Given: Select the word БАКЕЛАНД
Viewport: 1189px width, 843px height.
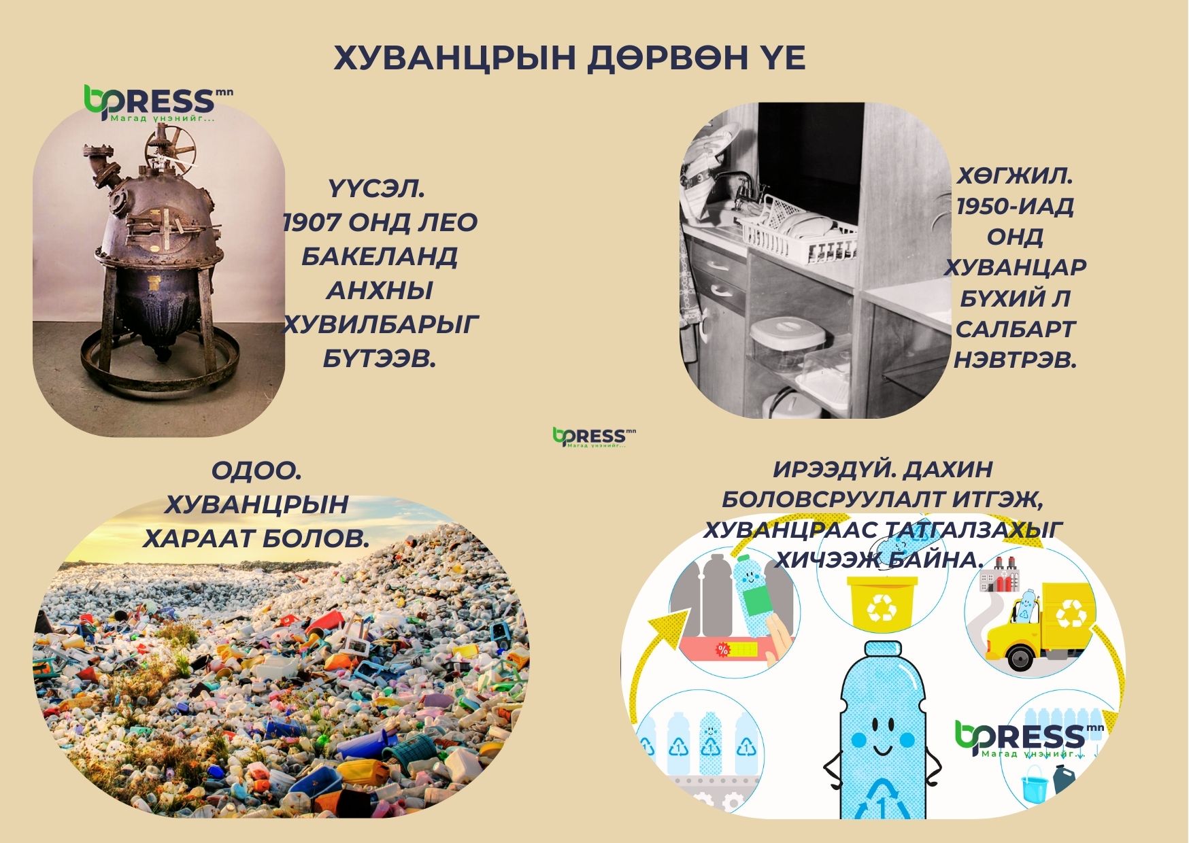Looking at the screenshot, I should pyautogui.click(x=380, y=256).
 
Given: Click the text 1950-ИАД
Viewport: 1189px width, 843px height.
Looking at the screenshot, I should pyautogui.click(x=1014, y=205).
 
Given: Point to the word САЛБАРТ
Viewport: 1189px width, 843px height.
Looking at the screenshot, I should pyautogui.click(x=1015, y=329).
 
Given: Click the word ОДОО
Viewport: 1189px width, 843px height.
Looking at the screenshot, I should pyautogui.click(x=256, y=470).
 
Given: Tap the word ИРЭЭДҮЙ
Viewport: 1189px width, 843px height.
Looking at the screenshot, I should pyautogui.click(x=826, y=469).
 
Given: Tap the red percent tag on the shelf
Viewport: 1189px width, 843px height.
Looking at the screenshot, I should pyautogui.click(x=723, y=651).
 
